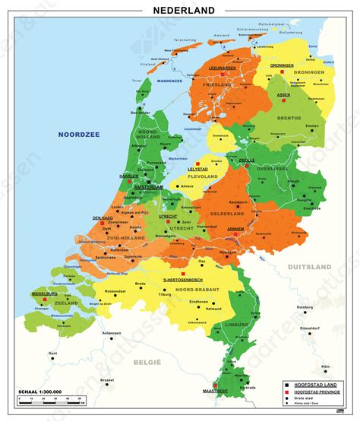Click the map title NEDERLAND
(183, 10)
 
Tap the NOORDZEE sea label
(80, 135)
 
